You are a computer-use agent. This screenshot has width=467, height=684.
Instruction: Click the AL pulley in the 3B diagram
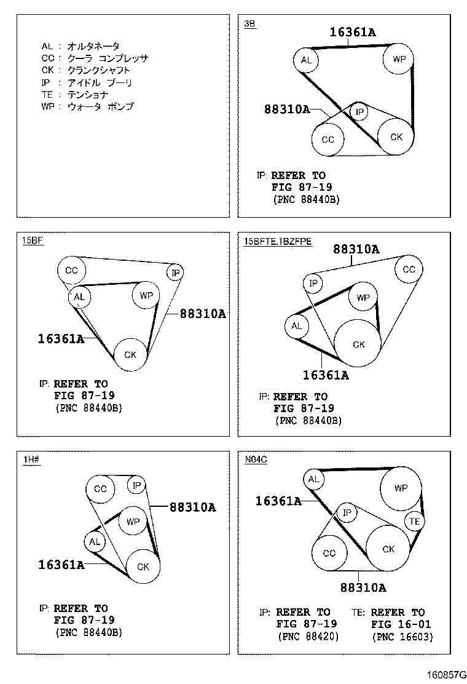point(306,60)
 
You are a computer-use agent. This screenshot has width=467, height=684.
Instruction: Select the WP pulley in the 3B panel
point(399,60)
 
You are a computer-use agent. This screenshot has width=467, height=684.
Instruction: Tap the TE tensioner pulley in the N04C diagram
point(415,522)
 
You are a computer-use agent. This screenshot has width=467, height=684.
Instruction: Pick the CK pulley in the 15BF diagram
point(130,355)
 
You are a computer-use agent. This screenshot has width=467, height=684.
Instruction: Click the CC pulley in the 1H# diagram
point(100,489)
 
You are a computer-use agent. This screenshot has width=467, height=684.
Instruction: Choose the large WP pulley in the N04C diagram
point(401,488)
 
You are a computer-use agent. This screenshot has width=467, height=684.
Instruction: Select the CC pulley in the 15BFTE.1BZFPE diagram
point(409,269)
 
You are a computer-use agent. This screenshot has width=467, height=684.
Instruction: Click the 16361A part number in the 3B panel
point(352,32)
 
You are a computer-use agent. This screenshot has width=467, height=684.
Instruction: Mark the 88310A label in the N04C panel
point(363,587)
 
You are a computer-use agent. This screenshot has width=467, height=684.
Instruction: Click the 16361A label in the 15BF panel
point(61,338)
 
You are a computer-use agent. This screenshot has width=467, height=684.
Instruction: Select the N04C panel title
point(255,458)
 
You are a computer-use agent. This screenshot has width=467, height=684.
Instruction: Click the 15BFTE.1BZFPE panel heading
point(278,241)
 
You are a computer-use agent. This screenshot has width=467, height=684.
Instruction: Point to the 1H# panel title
point(31,458)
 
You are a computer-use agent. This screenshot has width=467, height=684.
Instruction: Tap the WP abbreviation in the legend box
point(47,106)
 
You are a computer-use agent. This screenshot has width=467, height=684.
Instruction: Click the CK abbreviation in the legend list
point(47,70)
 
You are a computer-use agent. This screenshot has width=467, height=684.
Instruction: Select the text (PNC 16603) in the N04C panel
point(402,637)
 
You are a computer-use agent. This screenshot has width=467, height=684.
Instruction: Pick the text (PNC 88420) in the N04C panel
point(308,637)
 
